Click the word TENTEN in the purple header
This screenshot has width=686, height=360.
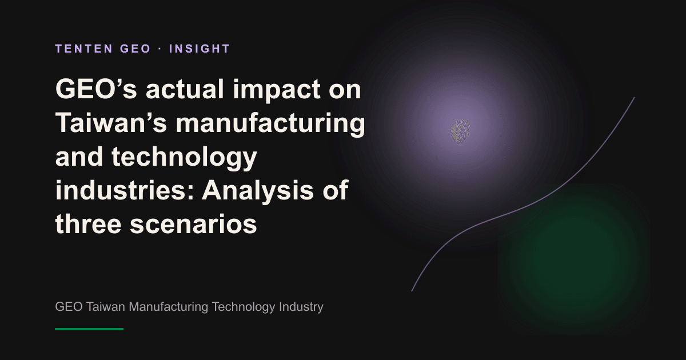coord(84,49)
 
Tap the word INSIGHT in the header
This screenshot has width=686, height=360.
coord(200,49)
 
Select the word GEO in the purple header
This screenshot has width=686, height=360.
coord(135,49)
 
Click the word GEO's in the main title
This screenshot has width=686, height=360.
coord(96,89)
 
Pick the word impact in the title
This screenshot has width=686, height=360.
coord(277,91)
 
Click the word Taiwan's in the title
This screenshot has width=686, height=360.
coord(111,123)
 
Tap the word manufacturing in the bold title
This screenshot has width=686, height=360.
coord(270,125)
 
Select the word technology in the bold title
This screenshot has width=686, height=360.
coord(184,158)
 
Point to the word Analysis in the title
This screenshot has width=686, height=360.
coord(258,192)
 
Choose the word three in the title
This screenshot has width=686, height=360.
coord(88,224)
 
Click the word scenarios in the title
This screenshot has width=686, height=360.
coord(193,226)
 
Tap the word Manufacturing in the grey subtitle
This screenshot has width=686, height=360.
coord(169,307)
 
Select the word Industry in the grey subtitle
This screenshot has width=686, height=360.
coord(301,307)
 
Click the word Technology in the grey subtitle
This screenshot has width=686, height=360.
coord(244,307)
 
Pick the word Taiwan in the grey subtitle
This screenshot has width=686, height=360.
coord(106,307)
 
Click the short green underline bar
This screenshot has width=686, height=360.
coord(89,329)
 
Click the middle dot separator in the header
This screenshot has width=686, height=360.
coord(160,49)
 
